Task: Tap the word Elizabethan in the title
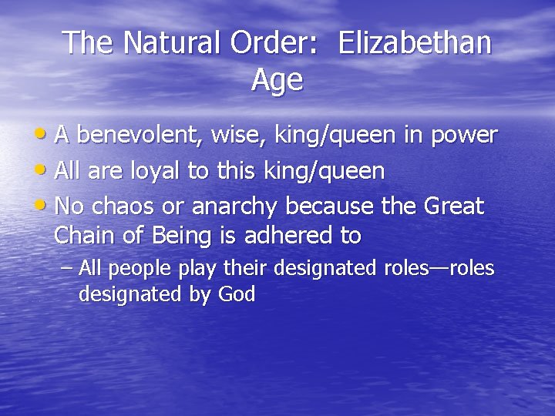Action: (414, 43)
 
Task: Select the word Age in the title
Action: (277, 80)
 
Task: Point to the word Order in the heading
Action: (274, 43)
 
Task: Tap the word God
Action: (237, 294)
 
